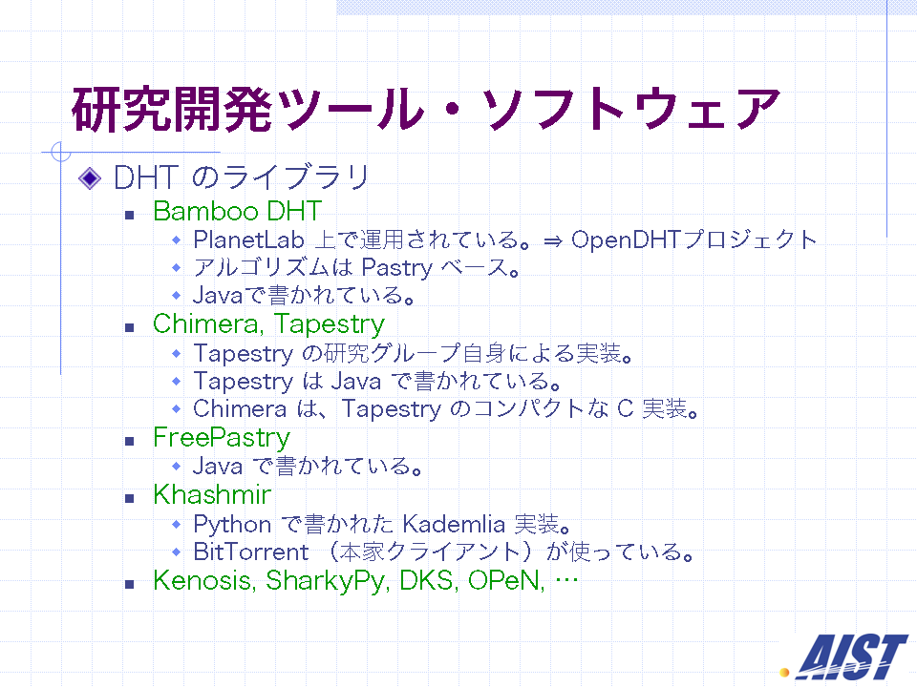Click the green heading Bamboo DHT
point(238,211)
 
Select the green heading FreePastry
point(222,438)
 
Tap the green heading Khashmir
point(212,494)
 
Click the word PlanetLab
point(248,239)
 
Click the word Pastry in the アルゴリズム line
point(397,268)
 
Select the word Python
point(232,525)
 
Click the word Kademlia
point(454,524)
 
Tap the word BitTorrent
point(251,552)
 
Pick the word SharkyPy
point(328,581)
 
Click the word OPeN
point(506,580)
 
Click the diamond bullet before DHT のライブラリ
point(90,178)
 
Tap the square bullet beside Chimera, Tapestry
point(129,327)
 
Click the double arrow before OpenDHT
point(553,240)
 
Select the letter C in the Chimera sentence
point(625,408)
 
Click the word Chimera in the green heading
point(207,324)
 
